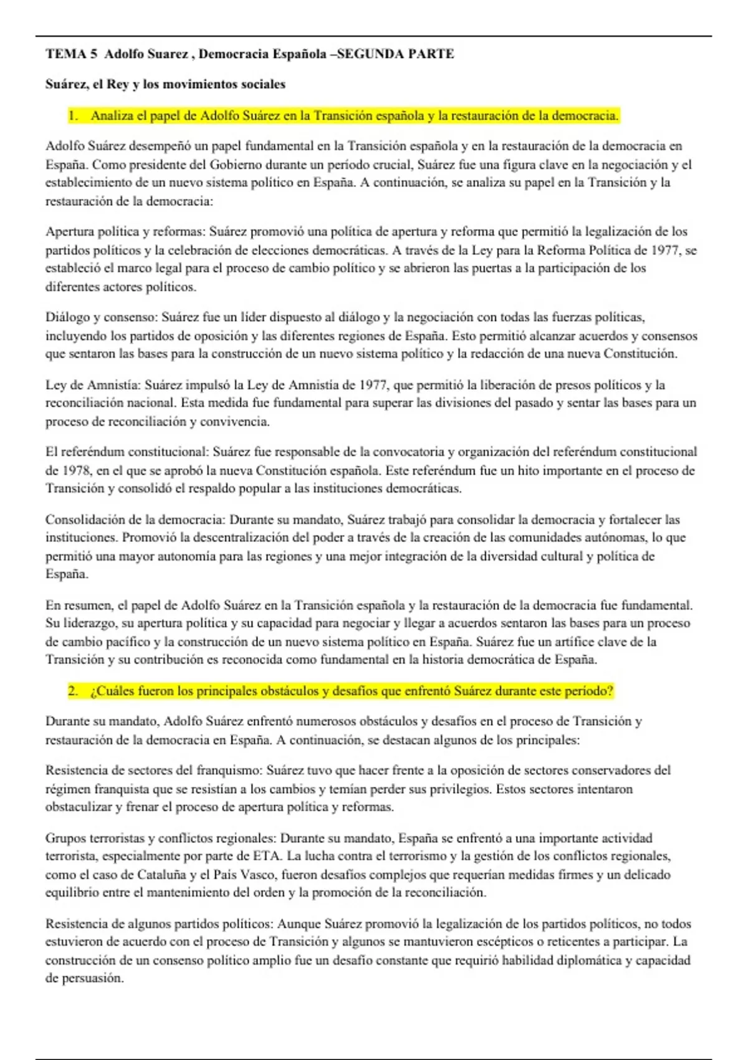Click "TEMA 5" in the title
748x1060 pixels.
[x=71, y=54]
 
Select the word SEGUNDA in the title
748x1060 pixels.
[x=370, y=54]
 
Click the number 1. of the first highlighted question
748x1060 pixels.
[x=74, y=115]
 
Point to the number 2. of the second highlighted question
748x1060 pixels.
[x=74, y=691]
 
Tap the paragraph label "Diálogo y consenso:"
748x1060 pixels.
[x=102, y=317]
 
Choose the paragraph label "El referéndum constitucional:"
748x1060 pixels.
[x=127, y=452]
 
